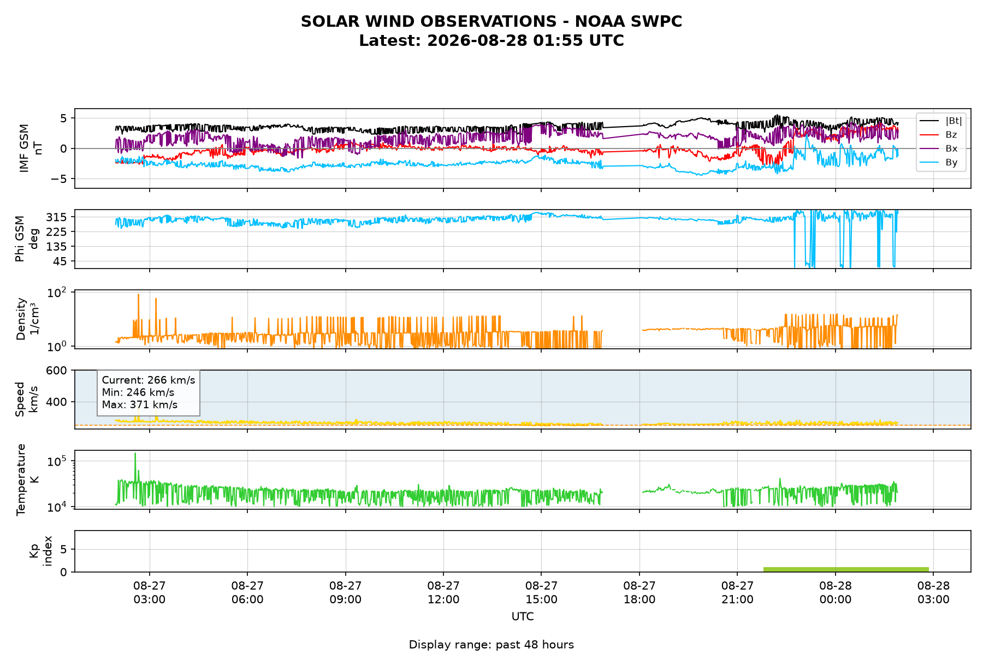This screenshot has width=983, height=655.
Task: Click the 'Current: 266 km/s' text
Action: pos(148,380)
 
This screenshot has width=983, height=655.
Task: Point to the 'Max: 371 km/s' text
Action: pos(140,405)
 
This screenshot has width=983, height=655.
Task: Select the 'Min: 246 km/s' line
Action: pos(138,392)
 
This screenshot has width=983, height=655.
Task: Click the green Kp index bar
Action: pos(846,569)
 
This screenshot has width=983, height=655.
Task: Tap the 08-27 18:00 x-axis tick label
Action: pos(639,592)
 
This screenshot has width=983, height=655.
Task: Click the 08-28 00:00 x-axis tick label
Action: pos(836,592)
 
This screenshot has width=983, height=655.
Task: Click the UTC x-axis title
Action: pos(523,617)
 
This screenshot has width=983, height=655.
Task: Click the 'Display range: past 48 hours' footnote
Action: pos(491,645)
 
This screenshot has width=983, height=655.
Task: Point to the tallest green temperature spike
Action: pos(135,454)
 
